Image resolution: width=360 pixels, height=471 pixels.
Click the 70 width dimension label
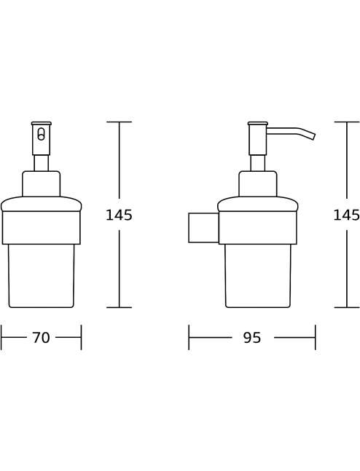tap(42, 337)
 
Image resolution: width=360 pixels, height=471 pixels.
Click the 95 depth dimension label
tap(252, 338)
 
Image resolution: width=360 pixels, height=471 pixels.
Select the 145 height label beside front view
tap(119, 215)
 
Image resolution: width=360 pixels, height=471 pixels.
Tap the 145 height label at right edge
tap(346, 215)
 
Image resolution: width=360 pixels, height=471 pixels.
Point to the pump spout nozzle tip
tap(313, 137)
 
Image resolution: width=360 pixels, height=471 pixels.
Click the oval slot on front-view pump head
tap(42, 134)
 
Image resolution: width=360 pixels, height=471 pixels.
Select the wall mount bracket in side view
tap(203, 228)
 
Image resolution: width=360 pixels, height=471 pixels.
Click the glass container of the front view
tap(42, 275)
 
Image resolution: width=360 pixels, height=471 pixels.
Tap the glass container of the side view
tap(258, 275)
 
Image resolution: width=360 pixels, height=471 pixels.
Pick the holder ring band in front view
tap(42, 227)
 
